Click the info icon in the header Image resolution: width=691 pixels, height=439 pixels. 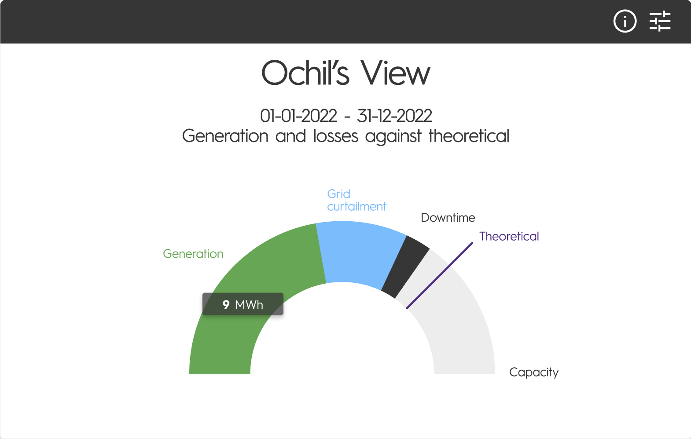pyautogui.click(x=625, y=21)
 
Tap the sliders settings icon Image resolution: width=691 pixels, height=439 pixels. pyautogui.click(x=660, y=21)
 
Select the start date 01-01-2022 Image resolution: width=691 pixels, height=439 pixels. pyautogui.click(x=298, y=116)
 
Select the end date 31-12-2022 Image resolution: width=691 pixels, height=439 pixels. pyautogui.click(x=394, y=116)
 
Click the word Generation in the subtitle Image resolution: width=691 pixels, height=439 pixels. pyautogui.click(x=225, y=136)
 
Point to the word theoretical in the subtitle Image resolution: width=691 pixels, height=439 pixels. pyautogui.click(x=469, y=136)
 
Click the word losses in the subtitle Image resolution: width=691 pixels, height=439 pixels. pyautogui.click(x=336, y=136)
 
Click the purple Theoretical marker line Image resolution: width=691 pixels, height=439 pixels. pyautogui.click(x=440, y=275)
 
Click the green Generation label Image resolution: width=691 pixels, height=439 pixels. pyautogui.click(x=193, y=254)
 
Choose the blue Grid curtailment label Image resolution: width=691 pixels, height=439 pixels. pyautogui.click(x=357, y=200)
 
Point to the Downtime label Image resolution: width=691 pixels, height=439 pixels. pyautogui.click(x=448, y=218)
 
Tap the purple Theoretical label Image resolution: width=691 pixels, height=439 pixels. pyautogui.click(x=509, y=236)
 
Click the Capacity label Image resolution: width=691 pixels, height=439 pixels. pyautogui.click(x=534, y=373)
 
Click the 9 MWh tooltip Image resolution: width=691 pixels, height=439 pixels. pyautogui.click(x=243, y=304)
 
